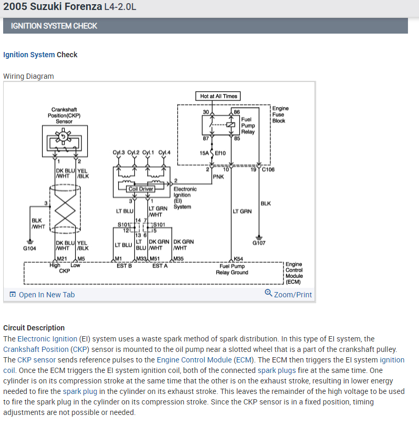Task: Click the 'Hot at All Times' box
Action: click(218, 96)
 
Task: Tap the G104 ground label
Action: click(29, 248)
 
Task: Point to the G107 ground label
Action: click(259, 243)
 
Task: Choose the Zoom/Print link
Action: click(289, 294)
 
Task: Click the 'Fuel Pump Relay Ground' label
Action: click(232, 269)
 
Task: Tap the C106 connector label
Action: click(267, 170)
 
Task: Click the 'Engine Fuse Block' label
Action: click(280, 115)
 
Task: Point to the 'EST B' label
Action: click(124, 266)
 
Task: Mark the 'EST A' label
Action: click(160, 266)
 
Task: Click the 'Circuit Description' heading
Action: click(34, 328)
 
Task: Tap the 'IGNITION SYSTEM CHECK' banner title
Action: click(54, 26)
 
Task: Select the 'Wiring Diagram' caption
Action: click(28, 76)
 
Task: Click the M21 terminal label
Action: click(61, 259)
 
